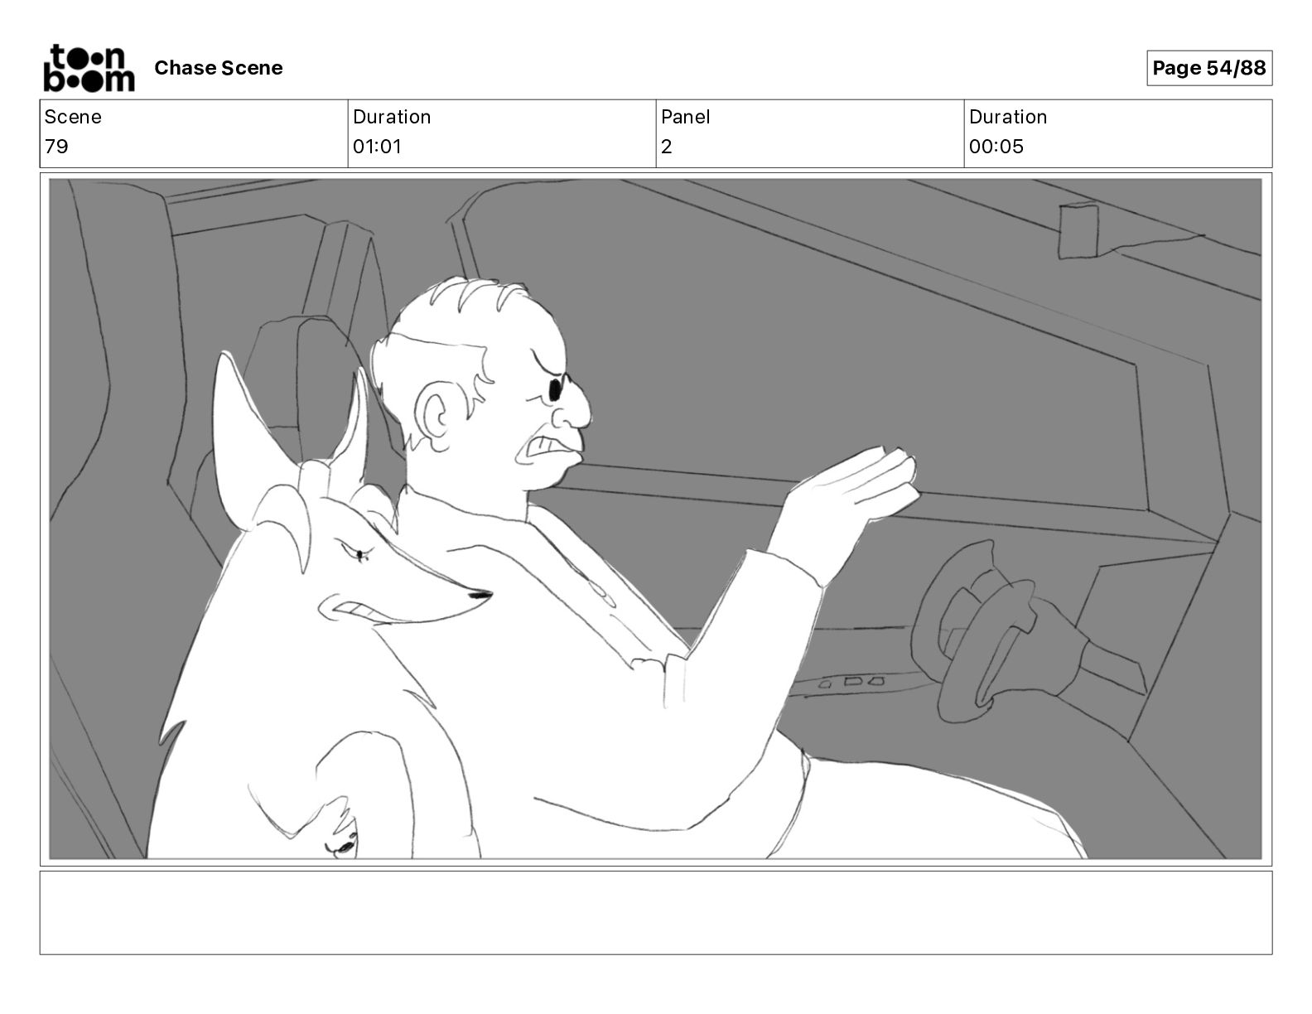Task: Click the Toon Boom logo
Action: point(89,68)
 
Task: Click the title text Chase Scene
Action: point(218,68)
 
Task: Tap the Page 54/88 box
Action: point(1208,68)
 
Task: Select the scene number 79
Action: point(56,146)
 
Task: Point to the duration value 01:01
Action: point(377,146)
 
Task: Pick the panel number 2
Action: point(666,146)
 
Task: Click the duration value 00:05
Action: point(996,146)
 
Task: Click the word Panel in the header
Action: point(685,117)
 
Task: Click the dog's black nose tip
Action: point(480,596)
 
